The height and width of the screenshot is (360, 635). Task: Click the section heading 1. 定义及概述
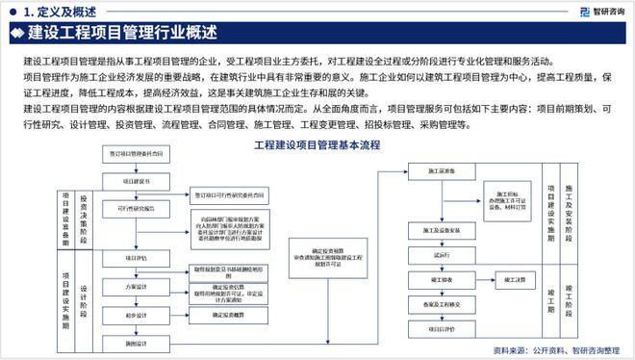60,12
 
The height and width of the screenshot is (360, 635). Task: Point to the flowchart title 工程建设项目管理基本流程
317,145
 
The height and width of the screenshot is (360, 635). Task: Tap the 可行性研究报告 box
136,205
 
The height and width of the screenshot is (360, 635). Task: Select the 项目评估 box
136,258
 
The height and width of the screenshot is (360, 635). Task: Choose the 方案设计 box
136,287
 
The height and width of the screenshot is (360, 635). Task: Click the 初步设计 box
136,315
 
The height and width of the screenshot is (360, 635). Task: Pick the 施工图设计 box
136,343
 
